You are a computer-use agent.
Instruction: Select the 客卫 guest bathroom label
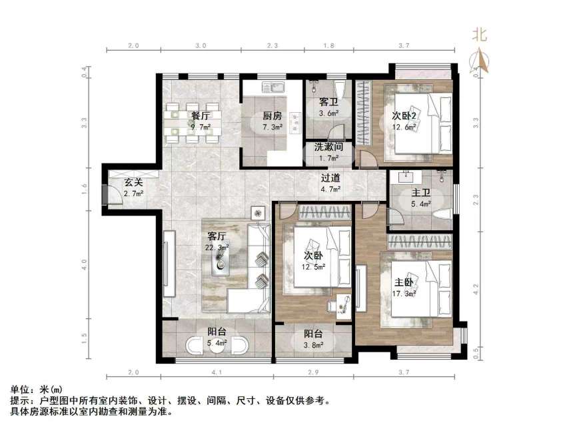[x=328, y=103]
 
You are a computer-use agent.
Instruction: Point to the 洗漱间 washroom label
[x=328, y=147]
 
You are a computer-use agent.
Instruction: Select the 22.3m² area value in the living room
[x=217, y=247]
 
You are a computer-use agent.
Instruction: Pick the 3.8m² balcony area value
[x=313, y=345]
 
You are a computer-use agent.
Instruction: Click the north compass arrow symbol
[x=480, y=62]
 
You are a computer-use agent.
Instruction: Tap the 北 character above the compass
[x=480, y=35]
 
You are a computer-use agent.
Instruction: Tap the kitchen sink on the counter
[x=273, y=87]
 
